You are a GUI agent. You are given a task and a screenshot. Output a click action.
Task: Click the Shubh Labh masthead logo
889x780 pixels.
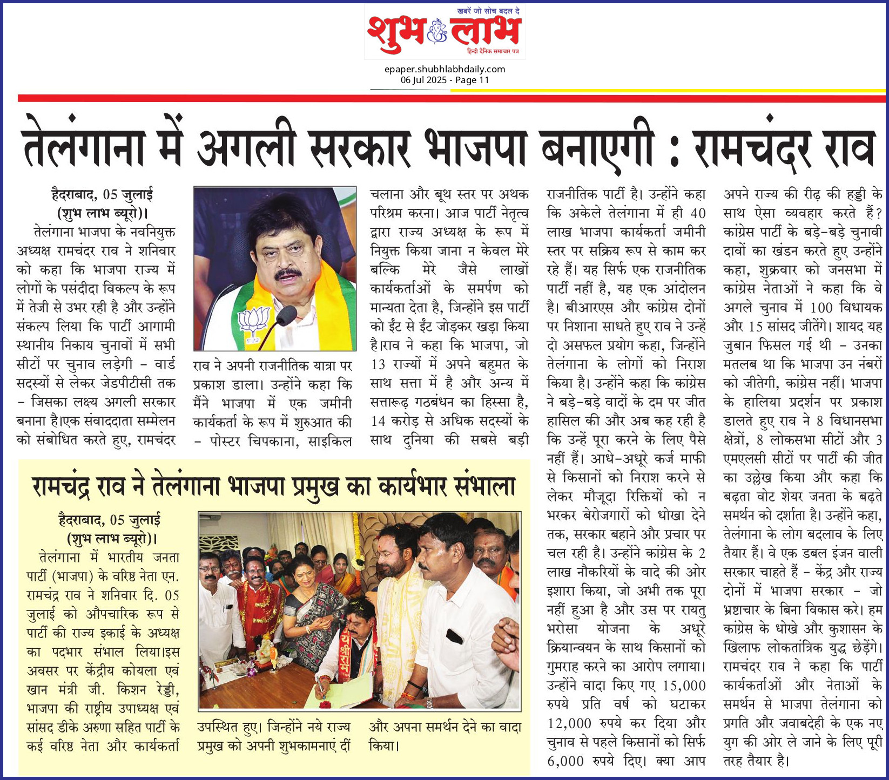pyautogui.click(x=444, y=32)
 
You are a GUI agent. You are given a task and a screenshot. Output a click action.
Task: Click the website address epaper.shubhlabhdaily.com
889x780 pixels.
pyautogui.click(x=444, y=69)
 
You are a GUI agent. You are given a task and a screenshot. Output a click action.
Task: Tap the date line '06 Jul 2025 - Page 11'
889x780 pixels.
pyautogui.click(x=444, y=80)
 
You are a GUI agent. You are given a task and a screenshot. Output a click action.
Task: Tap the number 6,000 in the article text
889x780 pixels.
pyautogui.click(x=565, y=761)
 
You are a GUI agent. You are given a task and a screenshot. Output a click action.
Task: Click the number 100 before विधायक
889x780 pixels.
pyautogui.click(x=821, y=308)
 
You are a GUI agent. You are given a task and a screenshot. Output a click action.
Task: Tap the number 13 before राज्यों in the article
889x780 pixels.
pyautogui.click(x=378, y=364)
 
